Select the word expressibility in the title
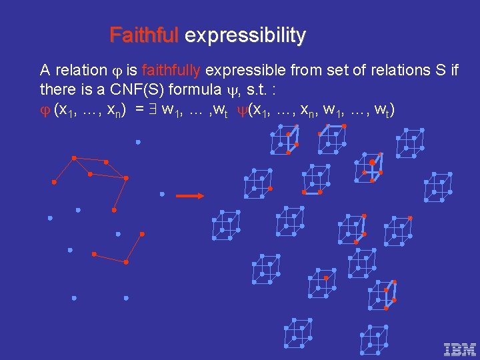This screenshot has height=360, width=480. tap(245, 35)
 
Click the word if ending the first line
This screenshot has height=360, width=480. tap(453, 71)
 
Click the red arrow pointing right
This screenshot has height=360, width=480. tap(190, 196)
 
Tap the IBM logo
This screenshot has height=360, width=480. tap(459, 349)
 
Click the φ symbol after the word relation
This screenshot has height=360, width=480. tap(119, 71)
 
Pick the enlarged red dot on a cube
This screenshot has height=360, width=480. tap(372, 162)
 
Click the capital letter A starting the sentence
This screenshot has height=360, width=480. tap(45, 71)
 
